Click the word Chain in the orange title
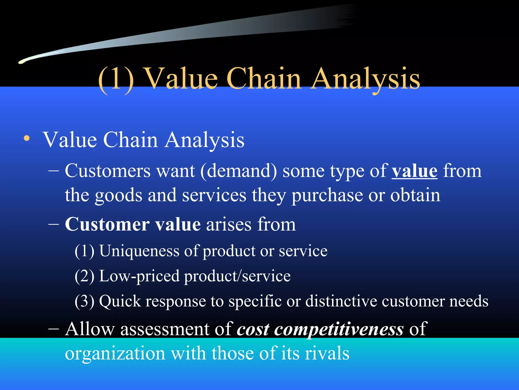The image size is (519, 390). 264,79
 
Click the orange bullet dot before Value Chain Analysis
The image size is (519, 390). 27,139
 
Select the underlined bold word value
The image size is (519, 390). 414,171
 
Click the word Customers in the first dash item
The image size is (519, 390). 108,171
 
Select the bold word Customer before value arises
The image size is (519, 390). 107,224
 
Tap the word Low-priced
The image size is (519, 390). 139,276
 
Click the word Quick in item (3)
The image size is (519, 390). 120,302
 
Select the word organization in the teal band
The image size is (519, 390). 115,353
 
